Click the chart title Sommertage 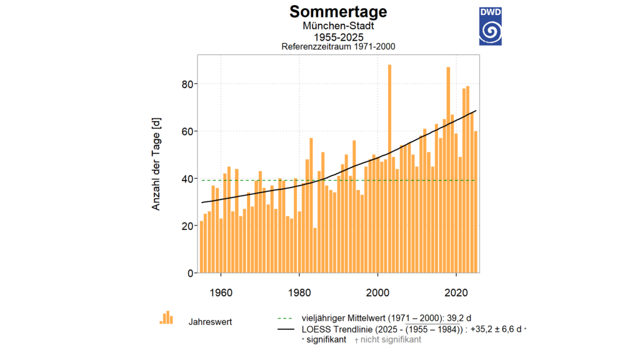point(338,12)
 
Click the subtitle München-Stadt point(338,26)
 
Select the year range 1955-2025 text point(338,37)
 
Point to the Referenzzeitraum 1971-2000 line point(338,47)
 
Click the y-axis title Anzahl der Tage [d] point(156,164)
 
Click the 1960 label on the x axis point(221,291)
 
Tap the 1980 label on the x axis point(299,291)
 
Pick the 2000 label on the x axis point(378,291)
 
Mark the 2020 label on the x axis point(456,291)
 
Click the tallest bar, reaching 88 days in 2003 point(389,169)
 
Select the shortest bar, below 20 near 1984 point(315,251)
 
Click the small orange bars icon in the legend point(166,317)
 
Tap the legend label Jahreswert point(211,322)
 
